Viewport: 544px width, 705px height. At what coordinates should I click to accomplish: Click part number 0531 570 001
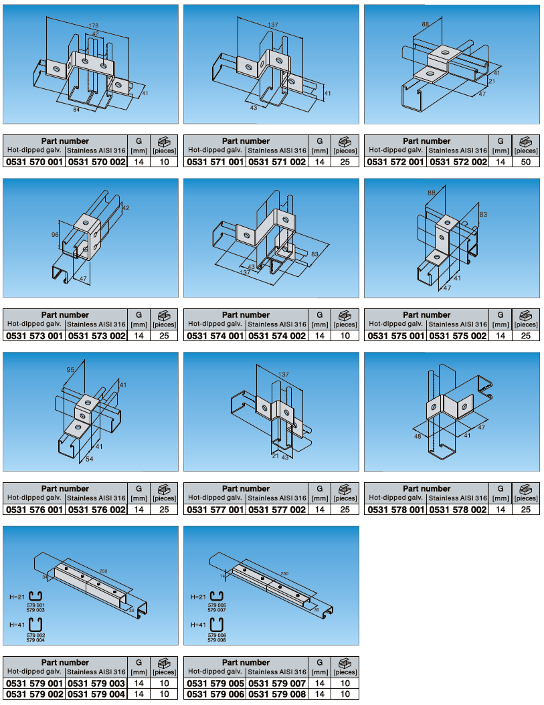coord(34,162)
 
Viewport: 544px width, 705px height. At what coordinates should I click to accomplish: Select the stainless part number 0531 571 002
coord(277,162)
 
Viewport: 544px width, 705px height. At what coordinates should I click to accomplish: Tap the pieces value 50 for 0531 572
coord(525,162)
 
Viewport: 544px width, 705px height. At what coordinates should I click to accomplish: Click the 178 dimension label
coord(93,25)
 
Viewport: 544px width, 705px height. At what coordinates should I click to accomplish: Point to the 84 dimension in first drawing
coord(76,109)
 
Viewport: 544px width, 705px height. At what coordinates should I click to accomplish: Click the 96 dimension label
coord(56,234)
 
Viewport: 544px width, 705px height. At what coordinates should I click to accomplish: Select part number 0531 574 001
coord(215,336)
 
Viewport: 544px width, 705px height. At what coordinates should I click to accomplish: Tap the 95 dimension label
coord(70,370)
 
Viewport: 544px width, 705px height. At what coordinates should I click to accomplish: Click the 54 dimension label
coord(90,459)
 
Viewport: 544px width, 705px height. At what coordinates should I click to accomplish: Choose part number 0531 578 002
coord(458,510)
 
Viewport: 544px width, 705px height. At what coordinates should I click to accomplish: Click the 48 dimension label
coord(418,436)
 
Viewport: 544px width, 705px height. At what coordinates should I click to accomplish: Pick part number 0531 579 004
coord(96,694)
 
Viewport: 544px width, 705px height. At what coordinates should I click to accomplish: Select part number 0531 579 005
coord(215,684)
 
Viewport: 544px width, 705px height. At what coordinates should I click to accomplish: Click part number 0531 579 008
coord(277,694)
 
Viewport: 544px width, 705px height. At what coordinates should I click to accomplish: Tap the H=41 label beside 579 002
coord(17,625)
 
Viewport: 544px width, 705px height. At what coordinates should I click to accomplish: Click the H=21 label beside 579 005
coord(198,597)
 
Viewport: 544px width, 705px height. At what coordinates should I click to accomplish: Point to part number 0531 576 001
coord(34,510)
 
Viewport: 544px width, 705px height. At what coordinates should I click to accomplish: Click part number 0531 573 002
coord(96,336)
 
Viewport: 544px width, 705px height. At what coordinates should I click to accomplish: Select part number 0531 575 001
coord(396,336)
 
